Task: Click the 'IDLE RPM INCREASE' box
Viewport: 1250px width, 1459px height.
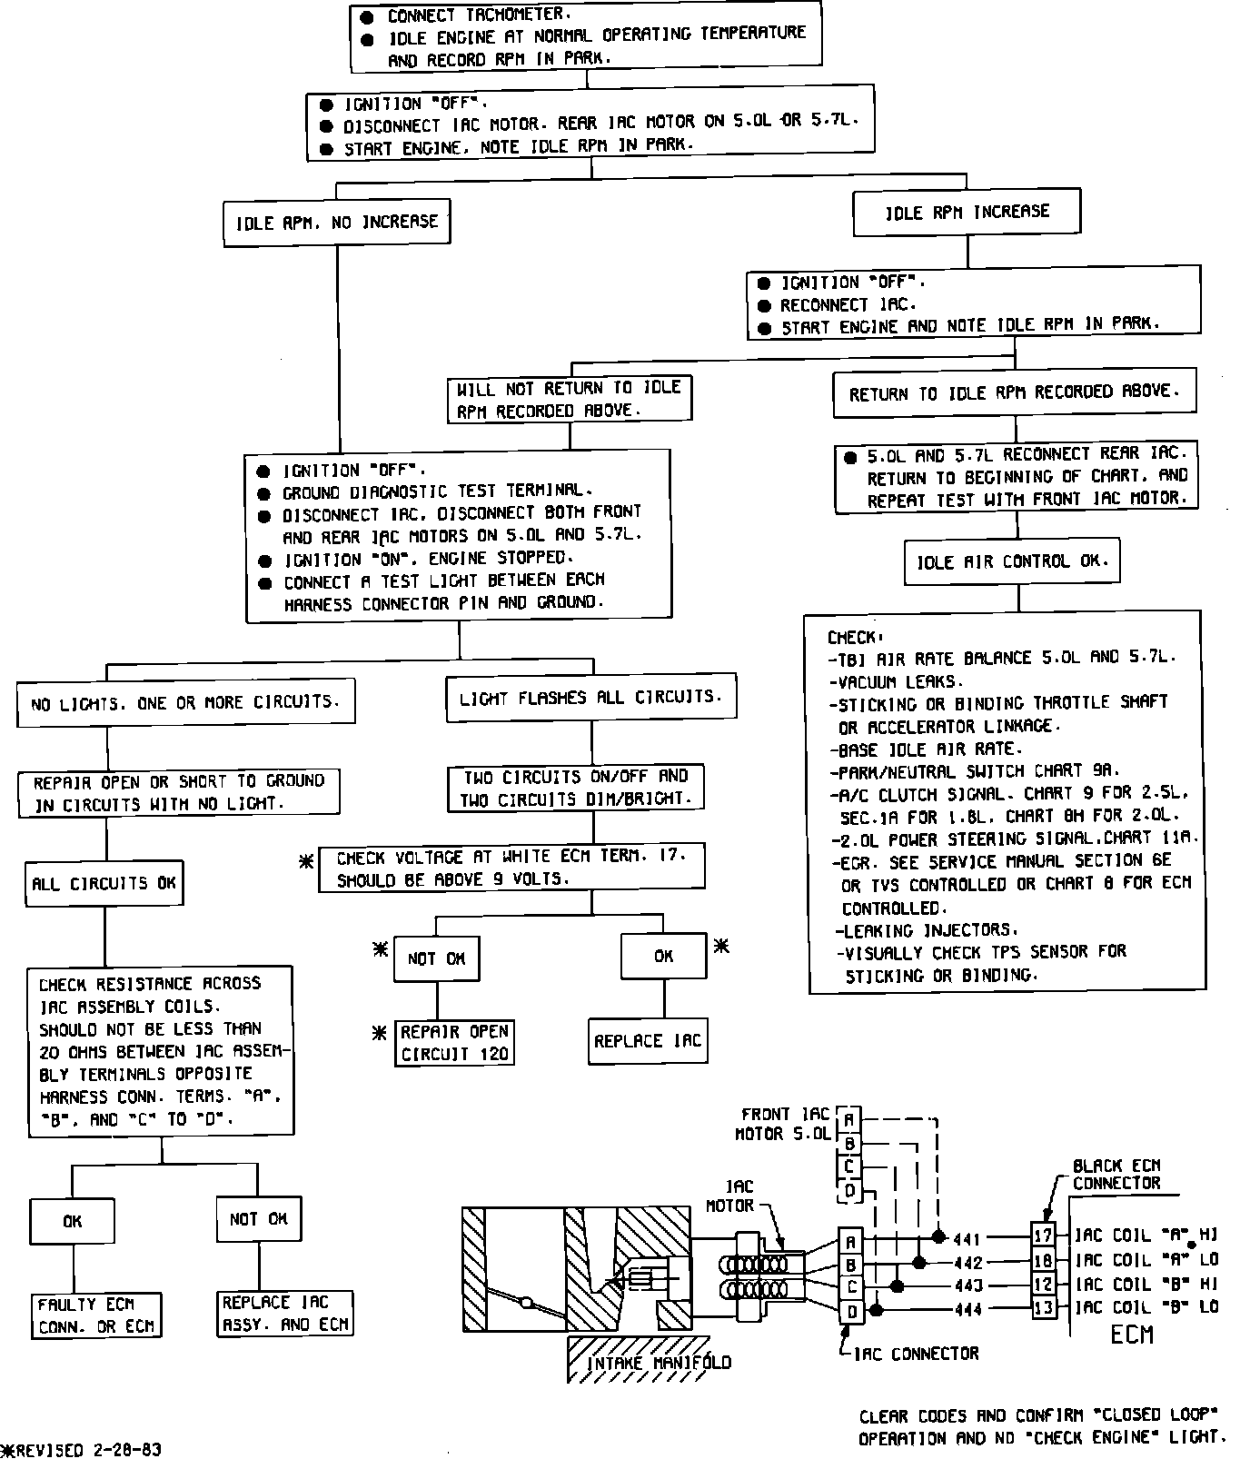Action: (967, 213)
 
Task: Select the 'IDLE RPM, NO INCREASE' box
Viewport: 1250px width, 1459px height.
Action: (336, 223)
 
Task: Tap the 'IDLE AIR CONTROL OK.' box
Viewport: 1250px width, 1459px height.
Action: (1012, 562)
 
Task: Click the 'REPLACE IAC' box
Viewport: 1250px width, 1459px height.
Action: (648, 1041)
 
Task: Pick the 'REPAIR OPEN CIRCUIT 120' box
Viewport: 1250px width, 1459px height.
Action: (455, 1043)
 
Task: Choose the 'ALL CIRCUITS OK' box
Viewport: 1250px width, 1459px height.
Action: (104, 883)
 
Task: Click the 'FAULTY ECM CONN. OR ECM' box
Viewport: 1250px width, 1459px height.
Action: (95, 1315)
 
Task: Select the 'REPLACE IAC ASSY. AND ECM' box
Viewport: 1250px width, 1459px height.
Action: (285, 1314)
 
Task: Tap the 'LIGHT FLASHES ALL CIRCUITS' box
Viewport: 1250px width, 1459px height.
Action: (590, 698)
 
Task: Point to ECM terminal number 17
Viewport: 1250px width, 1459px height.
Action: (1043, 1236)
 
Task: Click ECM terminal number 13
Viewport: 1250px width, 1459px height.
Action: (1043, 1308)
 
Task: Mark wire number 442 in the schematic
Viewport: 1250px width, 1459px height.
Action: (967, 1262)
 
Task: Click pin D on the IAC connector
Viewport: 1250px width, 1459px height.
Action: (851, 1311)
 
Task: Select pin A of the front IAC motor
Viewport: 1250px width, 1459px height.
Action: (848, 1119)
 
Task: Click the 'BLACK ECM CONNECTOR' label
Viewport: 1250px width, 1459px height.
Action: (1116, 1175)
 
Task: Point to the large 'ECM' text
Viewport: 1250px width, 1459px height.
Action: (1132, 1335)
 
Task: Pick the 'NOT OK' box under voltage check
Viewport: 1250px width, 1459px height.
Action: (436, 958)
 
